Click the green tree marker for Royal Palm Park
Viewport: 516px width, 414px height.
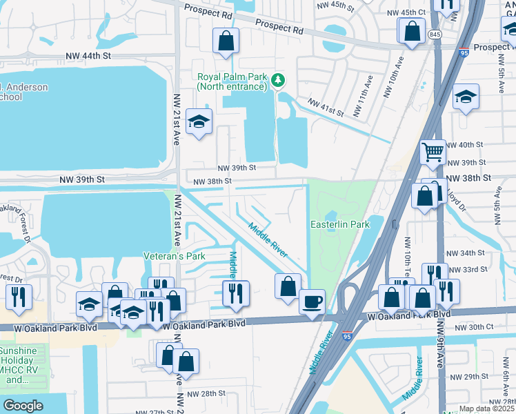(x=279, y=81)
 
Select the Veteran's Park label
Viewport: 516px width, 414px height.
(x=175, y=256)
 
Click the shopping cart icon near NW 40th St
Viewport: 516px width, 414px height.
(x=433, y=151)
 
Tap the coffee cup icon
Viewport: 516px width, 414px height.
(x=312, y=302)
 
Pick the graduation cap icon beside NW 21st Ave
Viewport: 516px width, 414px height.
(x=199, y=122)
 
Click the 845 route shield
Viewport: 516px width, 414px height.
(x=434, y=34)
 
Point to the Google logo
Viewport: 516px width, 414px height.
(x=23, y=405)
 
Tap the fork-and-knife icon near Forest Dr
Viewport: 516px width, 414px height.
(x=19, y=296)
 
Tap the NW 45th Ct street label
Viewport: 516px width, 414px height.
(x=406, y=12)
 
